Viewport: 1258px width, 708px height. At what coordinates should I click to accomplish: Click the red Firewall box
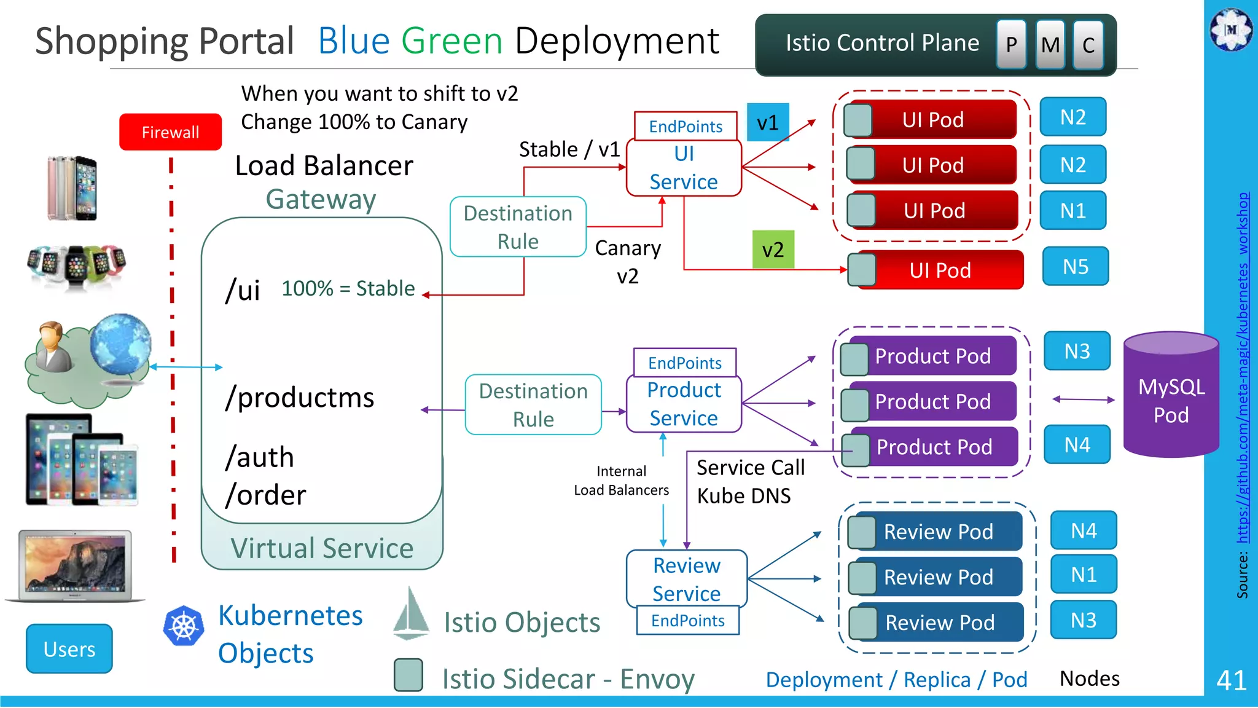coord(170,132)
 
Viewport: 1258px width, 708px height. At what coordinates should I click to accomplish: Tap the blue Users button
coord(69,649)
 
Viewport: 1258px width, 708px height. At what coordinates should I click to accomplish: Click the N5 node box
coord(1075,267)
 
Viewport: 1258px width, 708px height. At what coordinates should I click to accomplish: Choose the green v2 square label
coord(773,250)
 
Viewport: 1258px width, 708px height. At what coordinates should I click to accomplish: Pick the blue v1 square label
coord(767,123)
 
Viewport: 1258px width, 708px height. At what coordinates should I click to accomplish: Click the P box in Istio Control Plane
coord(1010,44)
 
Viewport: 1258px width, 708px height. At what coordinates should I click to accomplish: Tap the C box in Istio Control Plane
coord(1088,44)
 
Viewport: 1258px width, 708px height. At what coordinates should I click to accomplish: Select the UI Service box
coord(684,168)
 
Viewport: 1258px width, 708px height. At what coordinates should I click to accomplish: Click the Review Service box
coord(686,578)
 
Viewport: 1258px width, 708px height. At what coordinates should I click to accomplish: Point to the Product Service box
coord(684,404)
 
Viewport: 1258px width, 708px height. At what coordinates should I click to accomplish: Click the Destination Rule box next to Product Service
coord(533,405)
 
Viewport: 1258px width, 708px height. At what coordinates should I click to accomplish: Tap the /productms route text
coord(300,398)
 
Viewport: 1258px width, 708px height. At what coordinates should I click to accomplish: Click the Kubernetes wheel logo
coord(183,626)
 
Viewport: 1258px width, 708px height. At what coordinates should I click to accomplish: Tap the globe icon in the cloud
coord(120,345)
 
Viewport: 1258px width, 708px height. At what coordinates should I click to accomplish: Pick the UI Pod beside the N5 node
coord(940,270)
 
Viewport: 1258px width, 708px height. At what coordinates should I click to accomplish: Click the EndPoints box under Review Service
coord(687,621)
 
